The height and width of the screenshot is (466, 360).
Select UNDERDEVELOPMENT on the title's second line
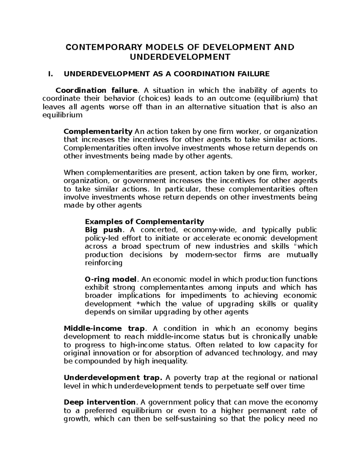pyautogui.click(x=180, y=57)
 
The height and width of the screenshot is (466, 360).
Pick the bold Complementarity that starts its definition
pyautogui.click(x=98, y=131)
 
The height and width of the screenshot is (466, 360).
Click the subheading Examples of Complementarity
pyautogui.click(x=144, y=222)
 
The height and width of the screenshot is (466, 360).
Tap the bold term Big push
pyautogui.click(x=103, y=230)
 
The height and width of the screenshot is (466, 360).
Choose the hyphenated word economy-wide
pyautogui.click(x=210, y=230)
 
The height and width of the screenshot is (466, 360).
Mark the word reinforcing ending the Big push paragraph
pyautogui.click(x=104, y=263)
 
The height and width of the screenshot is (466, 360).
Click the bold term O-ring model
pyautogui.click(x=111, y=279)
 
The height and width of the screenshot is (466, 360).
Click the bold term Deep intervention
pyautogui.click(x=100, y=402)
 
